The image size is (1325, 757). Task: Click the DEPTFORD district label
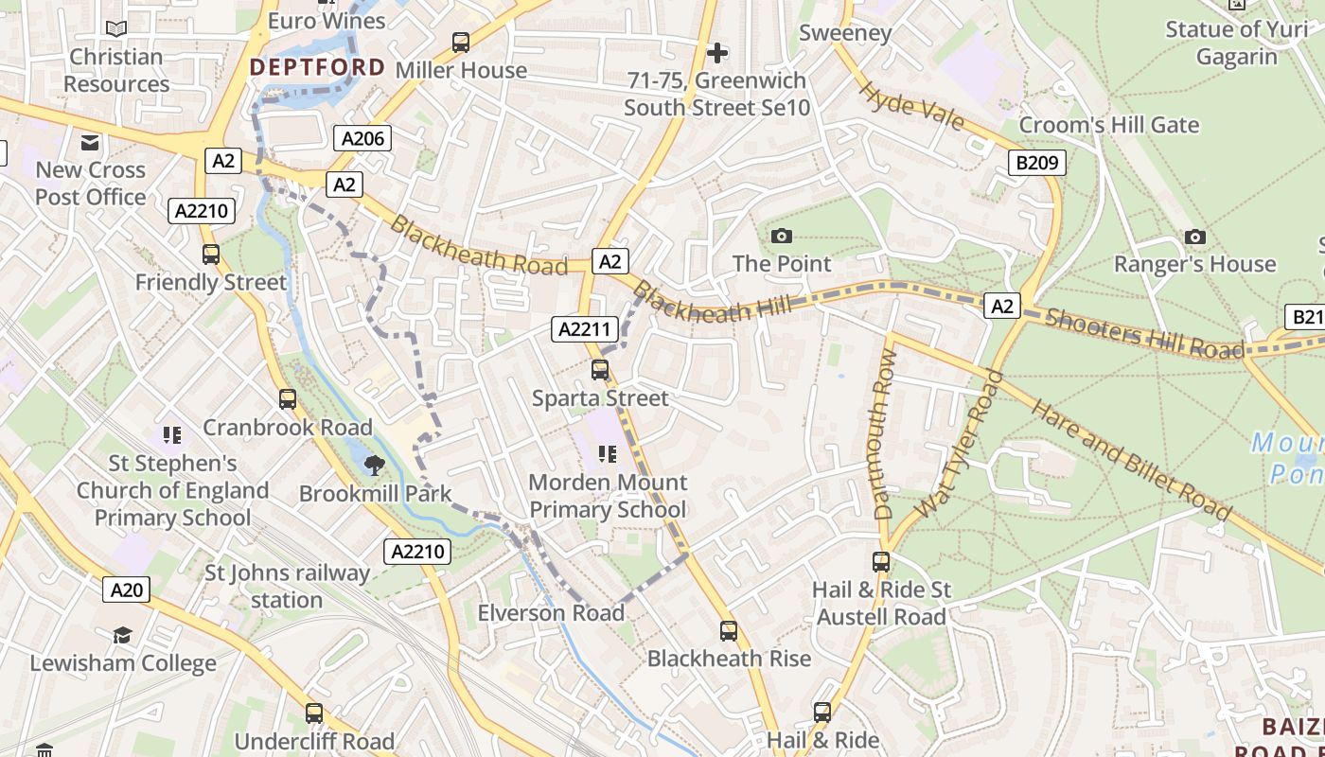(317, 67)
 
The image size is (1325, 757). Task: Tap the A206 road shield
(362, 139)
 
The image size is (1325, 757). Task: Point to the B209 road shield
(1036, 163)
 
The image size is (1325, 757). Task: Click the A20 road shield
(127, 590)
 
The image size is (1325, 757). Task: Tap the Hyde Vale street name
(911, 106)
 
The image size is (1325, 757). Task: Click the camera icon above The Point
(782, 236)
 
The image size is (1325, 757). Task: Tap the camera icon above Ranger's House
(1195, 237)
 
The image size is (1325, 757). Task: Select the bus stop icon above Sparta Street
(600, 370)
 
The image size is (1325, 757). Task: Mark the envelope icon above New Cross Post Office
(91, 143)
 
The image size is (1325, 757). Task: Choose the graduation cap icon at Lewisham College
(123, 635)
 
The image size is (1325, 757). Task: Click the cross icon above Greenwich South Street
(717, 52)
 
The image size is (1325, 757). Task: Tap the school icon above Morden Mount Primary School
(608, 454)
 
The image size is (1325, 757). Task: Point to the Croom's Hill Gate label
(1108, 125)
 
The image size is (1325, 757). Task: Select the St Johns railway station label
(288, 586)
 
